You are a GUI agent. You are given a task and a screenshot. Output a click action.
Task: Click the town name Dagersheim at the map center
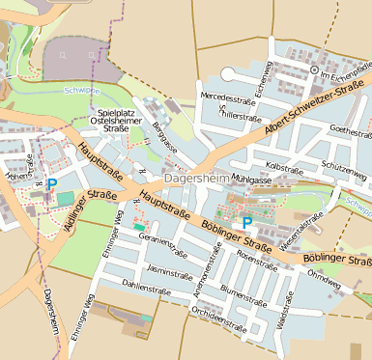pos(196,179)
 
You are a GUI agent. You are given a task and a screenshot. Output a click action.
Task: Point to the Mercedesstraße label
pos(227,97)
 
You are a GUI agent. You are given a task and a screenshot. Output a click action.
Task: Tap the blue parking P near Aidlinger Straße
pos(52,183)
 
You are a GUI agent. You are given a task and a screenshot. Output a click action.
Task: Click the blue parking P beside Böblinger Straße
pos(247,222)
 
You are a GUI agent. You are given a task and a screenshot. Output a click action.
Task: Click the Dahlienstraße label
pos(147,286)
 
